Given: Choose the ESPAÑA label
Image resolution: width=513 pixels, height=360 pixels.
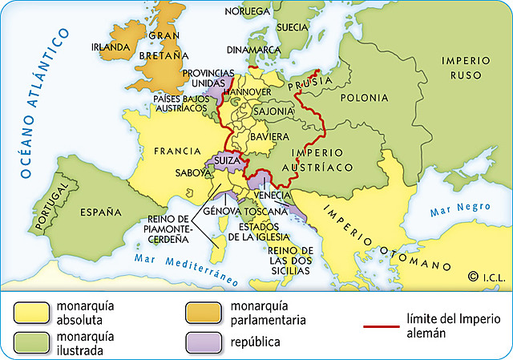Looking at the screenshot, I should point(100,212).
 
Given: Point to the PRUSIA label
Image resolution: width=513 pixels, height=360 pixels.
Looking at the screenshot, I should point(309,81).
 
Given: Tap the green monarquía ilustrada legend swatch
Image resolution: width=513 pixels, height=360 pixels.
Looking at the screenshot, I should point(29,342).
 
